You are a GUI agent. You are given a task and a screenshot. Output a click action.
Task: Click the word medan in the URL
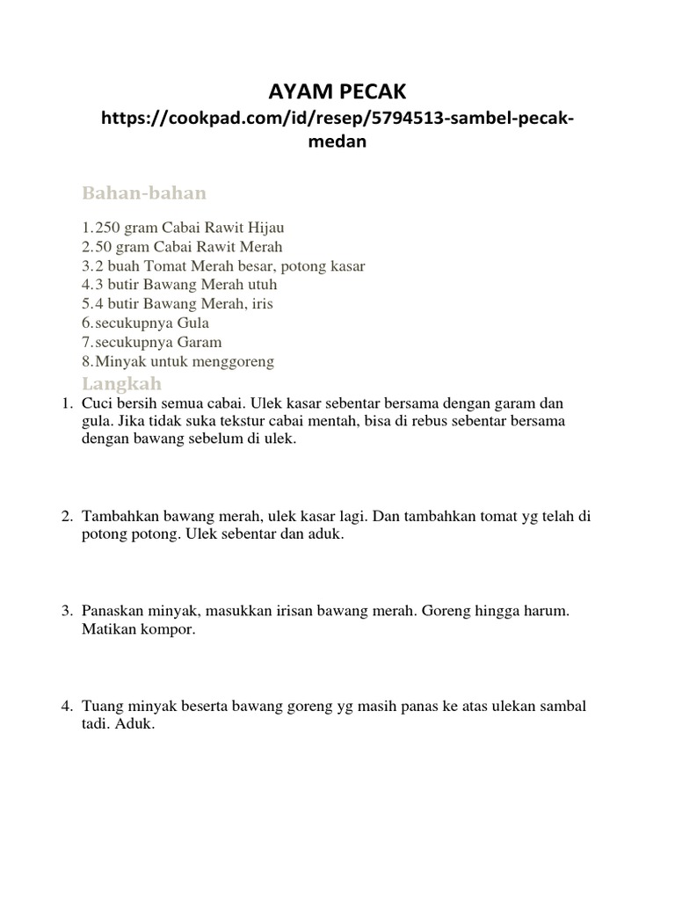point(337,142)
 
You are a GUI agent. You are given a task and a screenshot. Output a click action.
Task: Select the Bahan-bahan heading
point(144,192)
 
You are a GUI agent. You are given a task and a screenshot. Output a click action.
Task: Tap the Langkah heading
point(122,383)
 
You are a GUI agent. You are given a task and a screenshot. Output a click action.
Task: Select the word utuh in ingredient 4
point(260,285)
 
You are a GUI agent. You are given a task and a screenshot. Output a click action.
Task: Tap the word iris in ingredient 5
point(264,304)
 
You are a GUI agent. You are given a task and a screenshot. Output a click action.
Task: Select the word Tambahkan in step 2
point(120,517)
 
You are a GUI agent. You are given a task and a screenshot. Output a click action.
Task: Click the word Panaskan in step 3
point(112,611)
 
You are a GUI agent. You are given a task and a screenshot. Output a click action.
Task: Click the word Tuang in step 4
point(100,707)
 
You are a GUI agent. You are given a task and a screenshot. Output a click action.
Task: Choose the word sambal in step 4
point(562,707)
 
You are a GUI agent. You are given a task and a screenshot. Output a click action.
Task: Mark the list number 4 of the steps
point(66,707)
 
